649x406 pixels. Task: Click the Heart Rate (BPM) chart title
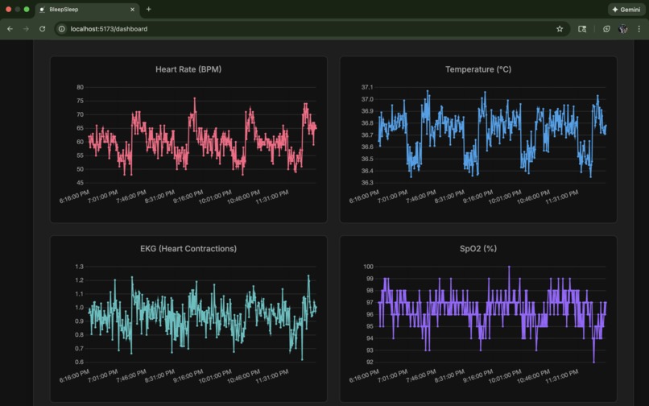188,69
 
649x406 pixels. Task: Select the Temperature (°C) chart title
478,69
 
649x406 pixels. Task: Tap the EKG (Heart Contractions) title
188,249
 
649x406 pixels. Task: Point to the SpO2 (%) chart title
478,249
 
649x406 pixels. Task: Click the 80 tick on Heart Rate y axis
80,87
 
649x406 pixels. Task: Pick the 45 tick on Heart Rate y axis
80,183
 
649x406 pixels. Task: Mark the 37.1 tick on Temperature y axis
366,87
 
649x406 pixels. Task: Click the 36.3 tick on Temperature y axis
366,183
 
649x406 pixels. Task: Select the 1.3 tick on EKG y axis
79,267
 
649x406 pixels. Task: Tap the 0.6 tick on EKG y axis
79,362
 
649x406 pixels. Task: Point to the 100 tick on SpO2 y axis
367,267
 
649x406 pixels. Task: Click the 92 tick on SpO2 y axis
369,362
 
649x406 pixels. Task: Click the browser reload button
42,29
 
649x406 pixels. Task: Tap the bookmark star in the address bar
560,29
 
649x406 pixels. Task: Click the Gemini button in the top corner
626,10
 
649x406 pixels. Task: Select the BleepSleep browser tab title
64,10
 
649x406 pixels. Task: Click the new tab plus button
148,10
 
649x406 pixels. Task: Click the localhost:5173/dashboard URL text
109,29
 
